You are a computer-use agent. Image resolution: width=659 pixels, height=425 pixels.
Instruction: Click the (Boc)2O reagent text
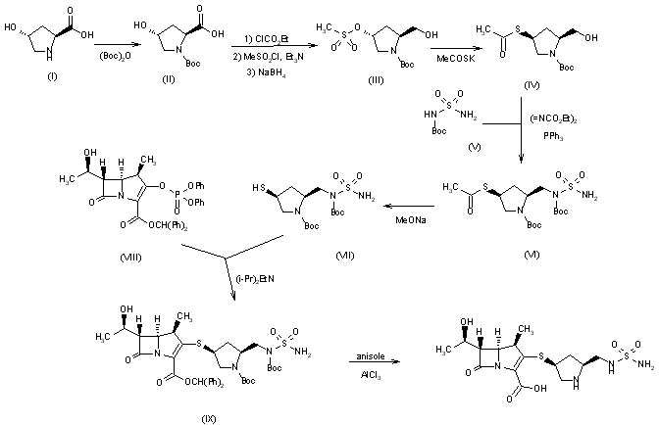coord(110,57)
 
